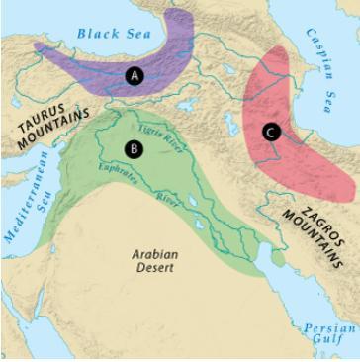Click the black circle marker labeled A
(135, 74)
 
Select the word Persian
(326, 328)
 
